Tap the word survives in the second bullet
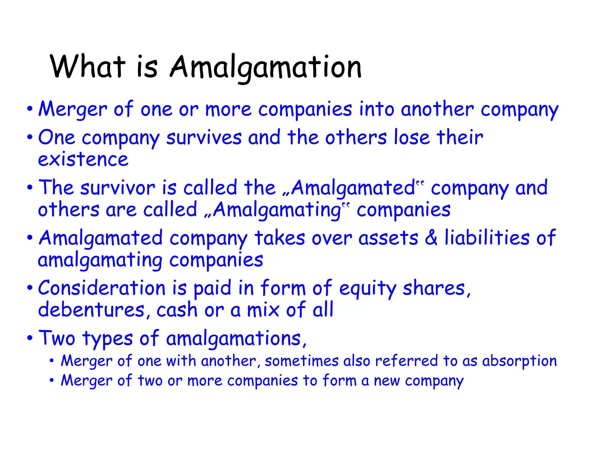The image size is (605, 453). [x=204, y=137]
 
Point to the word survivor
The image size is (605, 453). [x=117, y=188]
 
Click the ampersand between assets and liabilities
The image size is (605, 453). [x=431, y=238]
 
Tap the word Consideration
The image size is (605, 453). [x=102, y=288]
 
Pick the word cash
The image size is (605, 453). [x=177, y=310]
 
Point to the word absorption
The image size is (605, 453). [x=519, y=361]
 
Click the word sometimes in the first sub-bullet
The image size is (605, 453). [x=301, y=361]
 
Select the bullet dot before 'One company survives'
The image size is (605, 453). [x=30, y=137]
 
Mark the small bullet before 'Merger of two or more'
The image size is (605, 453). [x=52, y=380]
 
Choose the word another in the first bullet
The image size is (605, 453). [x=437, y=109]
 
